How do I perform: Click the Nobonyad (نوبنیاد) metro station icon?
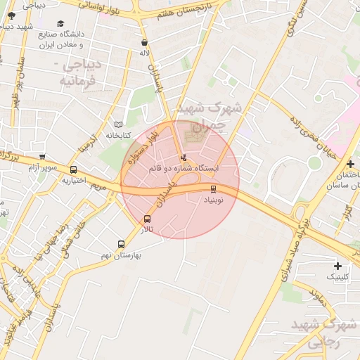click(213, 188)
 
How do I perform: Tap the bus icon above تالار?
click(147, 219)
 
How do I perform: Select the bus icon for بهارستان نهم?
click(122, 244)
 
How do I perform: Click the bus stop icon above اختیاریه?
click(73, 169)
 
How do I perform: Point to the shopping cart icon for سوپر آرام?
click(43, 157)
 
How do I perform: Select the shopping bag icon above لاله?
click(144, 42)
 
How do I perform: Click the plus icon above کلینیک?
click(338, 266)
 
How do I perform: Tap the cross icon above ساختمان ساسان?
click(349, 164)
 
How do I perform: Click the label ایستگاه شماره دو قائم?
click(184, 169)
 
